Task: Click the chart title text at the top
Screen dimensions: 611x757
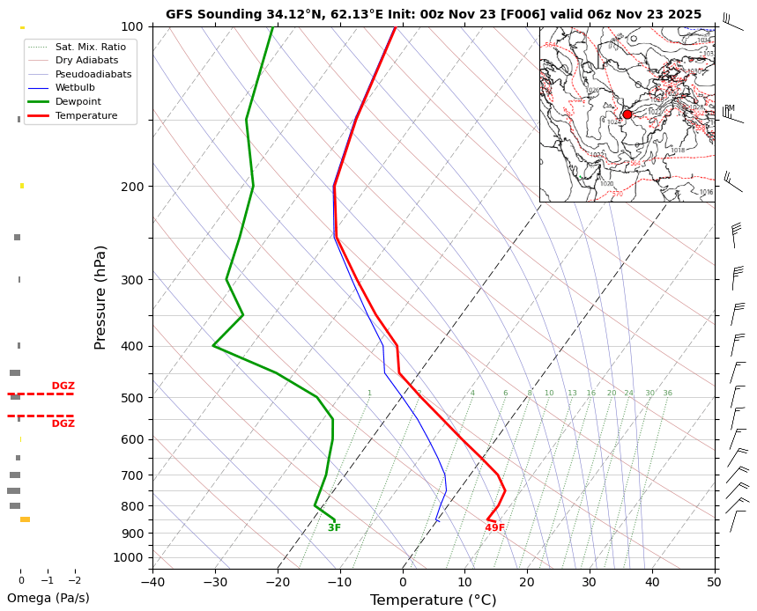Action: tap(434, 14)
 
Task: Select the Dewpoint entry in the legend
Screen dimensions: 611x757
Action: tap(86, 101)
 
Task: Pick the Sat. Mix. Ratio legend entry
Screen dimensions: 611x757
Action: tap(90, 46)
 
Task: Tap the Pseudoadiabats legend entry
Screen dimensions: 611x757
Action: tap(93, 74)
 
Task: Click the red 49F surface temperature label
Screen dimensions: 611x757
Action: tap(495, 528)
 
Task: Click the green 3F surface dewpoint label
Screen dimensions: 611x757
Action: tap(334, 528)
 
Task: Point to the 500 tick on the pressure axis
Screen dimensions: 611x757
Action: tap(132, 398)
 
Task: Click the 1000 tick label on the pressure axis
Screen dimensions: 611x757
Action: tap(129, 557)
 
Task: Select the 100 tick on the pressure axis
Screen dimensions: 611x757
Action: tap(132, 26)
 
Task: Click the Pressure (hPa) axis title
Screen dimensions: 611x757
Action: tap(100, 297)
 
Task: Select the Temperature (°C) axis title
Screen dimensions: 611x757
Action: tap(434, 600)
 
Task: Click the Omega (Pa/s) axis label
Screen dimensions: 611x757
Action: tap(48, 598)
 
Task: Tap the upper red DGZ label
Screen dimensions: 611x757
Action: tap(63, 386)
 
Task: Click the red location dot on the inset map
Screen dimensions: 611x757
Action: tap(627, 114)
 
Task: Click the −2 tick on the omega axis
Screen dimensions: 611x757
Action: tap(74, 580)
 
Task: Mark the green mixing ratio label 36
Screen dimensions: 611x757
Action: tap(667, 394)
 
